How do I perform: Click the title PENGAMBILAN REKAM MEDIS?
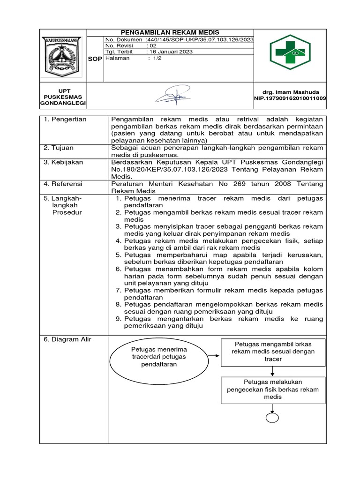(x=170, y=32)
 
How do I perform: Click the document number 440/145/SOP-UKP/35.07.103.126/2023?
(x=200, y=40)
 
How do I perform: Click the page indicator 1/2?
(x=155, y=58)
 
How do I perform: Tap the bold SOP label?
(x=95, y=59)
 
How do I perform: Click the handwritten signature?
(x=173, y=97)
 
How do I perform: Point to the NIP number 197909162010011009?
(x=290, y=98)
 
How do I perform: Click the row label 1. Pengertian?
(x=65, y=120)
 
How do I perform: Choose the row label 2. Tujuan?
(x=60, y=148)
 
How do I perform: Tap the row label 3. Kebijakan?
(x=63, y=162)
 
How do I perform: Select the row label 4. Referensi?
(x=63, y=184)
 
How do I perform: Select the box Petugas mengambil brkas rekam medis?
(x=272, y=352)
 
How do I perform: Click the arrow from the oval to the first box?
(x=214, y=355)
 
